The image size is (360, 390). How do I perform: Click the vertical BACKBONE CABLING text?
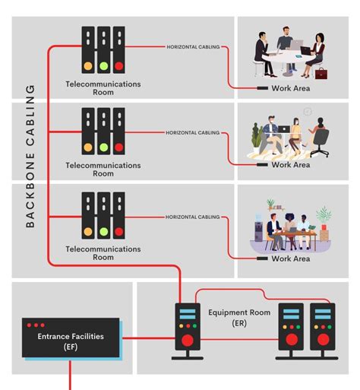coord(30,156)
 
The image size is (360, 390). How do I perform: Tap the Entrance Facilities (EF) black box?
coord(70,339)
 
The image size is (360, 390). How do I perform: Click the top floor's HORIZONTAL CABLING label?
coord(193,47)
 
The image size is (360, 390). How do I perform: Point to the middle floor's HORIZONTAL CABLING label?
coord(193,132)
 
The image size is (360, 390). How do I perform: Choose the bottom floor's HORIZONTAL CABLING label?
coord(193,217)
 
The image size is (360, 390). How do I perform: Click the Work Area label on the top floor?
coord(291,88)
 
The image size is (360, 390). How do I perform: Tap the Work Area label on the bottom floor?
coord(291,258)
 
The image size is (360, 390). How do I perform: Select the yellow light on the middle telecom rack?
coord(88,147)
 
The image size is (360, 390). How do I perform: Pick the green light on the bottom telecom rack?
coord(103,231)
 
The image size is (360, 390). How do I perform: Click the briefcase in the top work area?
coord(321,73)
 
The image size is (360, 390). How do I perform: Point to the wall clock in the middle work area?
coord(307,112)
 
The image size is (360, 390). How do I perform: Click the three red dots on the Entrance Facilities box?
coord(36,325)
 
